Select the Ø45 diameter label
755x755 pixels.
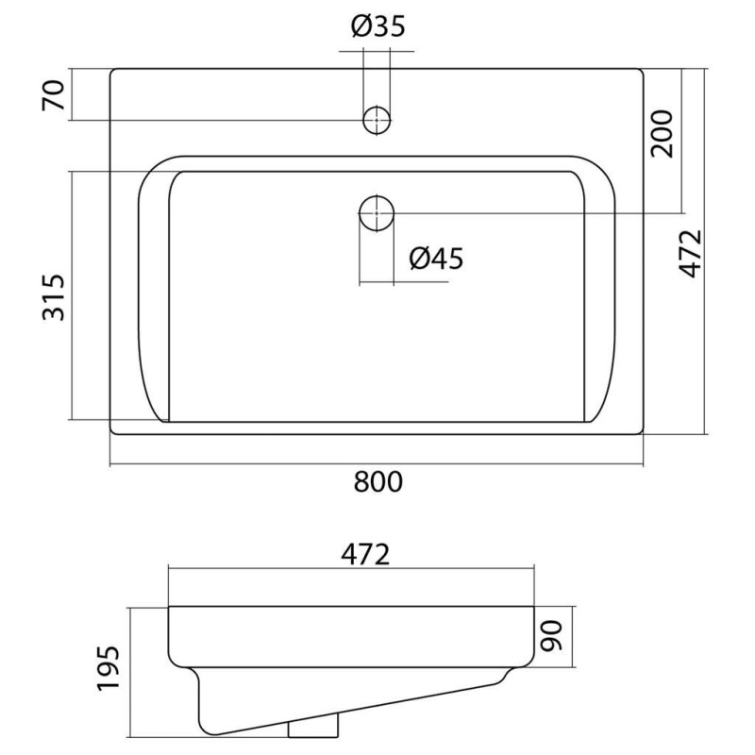point(436,258)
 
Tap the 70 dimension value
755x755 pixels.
point(55,95)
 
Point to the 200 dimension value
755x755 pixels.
point(662,133)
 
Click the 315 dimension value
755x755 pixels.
point(55,296)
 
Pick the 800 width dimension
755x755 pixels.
point(377,482)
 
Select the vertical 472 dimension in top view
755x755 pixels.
point(691,253)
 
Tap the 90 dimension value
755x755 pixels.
point(552,638)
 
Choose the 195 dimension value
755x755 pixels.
point(109,670)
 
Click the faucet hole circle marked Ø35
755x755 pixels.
point(377,120)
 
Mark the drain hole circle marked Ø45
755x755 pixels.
point(377,212)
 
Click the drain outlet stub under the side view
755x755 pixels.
point(312,728)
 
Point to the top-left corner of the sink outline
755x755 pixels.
point(111,70)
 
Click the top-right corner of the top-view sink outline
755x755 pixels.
point(644,70)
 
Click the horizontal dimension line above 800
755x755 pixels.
point(377,465)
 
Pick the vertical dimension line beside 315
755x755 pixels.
point(73,296)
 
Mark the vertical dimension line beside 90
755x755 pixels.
point(573,638)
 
